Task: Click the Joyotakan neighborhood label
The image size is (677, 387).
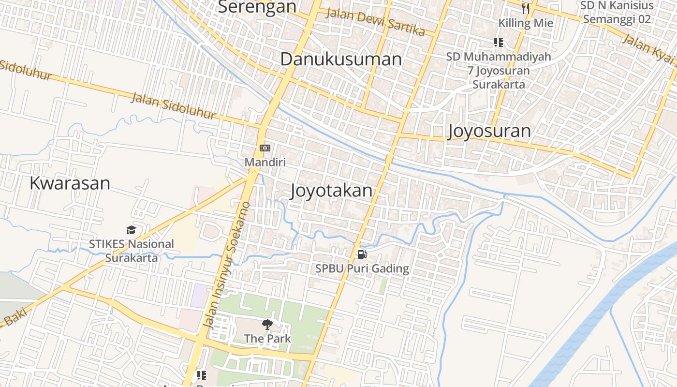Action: point(332,191)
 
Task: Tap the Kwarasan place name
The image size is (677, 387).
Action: point(70,183)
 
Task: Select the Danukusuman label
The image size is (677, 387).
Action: point(341,60)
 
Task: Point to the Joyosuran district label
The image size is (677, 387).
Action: point(489,131)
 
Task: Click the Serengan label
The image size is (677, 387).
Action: point(257,7)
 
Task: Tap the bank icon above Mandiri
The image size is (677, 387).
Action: point(265,148)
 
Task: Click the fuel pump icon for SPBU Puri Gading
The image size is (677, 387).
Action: point(362,254)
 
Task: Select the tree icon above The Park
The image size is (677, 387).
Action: point(267,325)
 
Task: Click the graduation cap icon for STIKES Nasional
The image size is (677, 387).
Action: point(131,230)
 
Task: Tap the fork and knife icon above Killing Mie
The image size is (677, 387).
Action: point(526,8)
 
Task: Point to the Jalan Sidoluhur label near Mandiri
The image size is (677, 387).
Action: point(174,106)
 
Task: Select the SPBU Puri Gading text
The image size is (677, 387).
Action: point(362,268)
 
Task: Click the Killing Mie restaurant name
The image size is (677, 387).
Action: point(526,23)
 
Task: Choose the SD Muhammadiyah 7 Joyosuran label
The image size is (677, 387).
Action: point(499,71)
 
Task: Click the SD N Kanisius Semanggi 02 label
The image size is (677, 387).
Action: point(617,12)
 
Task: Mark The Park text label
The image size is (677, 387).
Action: point(267,338)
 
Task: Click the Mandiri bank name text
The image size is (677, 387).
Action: point(265,162)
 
